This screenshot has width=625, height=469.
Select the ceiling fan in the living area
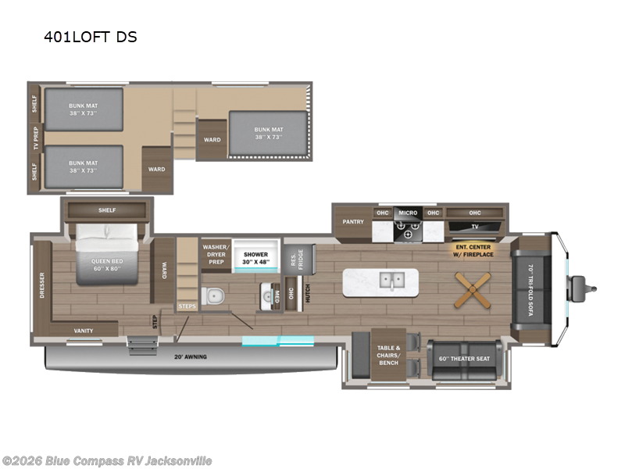[x=473, y=290]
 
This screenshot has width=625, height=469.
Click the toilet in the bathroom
[x=213, y=296]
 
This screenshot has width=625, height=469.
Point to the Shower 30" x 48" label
[x=255, y=259]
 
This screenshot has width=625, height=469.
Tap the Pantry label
[x=353, y=222]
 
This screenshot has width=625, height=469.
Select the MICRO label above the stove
[x=408, y=213]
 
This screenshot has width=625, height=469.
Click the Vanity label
[x=84, y=331]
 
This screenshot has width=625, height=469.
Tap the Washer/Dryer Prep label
[x=216, y=253]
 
